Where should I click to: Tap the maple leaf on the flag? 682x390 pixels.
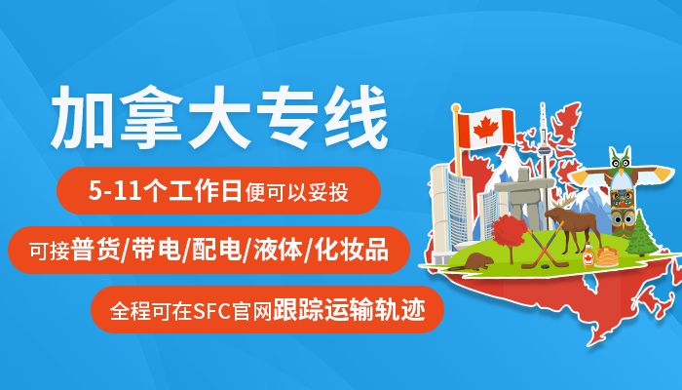click(x=485, y=129)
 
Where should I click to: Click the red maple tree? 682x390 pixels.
click(x=508, y=234)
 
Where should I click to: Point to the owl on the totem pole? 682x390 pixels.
click(x=620, y=162)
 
